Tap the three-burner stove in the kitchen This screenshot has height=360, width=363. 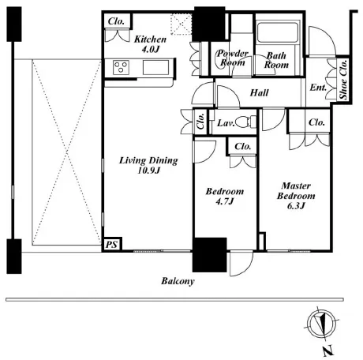coord(121,67)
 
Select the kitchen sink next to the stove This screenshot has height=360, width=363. coord(155,67)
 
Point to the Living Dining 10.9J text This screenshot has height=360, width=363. coord(148,165)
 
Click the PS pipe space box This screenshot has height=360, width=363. coord(112,245)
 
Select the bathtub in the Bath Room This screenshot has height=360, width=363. coord(278,32)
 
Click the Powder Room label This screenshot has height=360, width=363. coord(233,58)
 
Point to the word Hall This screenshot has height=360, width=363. coord(260,92)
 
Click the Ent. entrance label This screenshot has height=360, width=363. coord(318,88)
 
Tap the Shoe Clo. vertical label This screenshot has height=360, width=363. coord(343,79)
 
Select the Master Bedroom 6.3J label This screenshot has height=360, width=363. coord(296,196)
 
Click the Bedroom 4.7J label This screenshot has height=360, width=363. coord(225,196)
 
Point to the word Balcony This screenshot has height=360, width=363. coord(178,281)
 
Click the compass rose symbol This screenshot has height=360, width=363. coord(321,324)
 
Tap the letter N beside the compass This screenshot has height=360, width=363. coord(328,351)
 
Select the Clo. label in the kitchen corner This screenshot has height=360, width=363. coord(116,21)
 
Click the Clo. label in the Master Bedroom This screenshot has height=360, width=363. coord(316,122)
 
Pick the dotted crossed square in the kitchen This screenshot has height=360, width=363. coord(181,24)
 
